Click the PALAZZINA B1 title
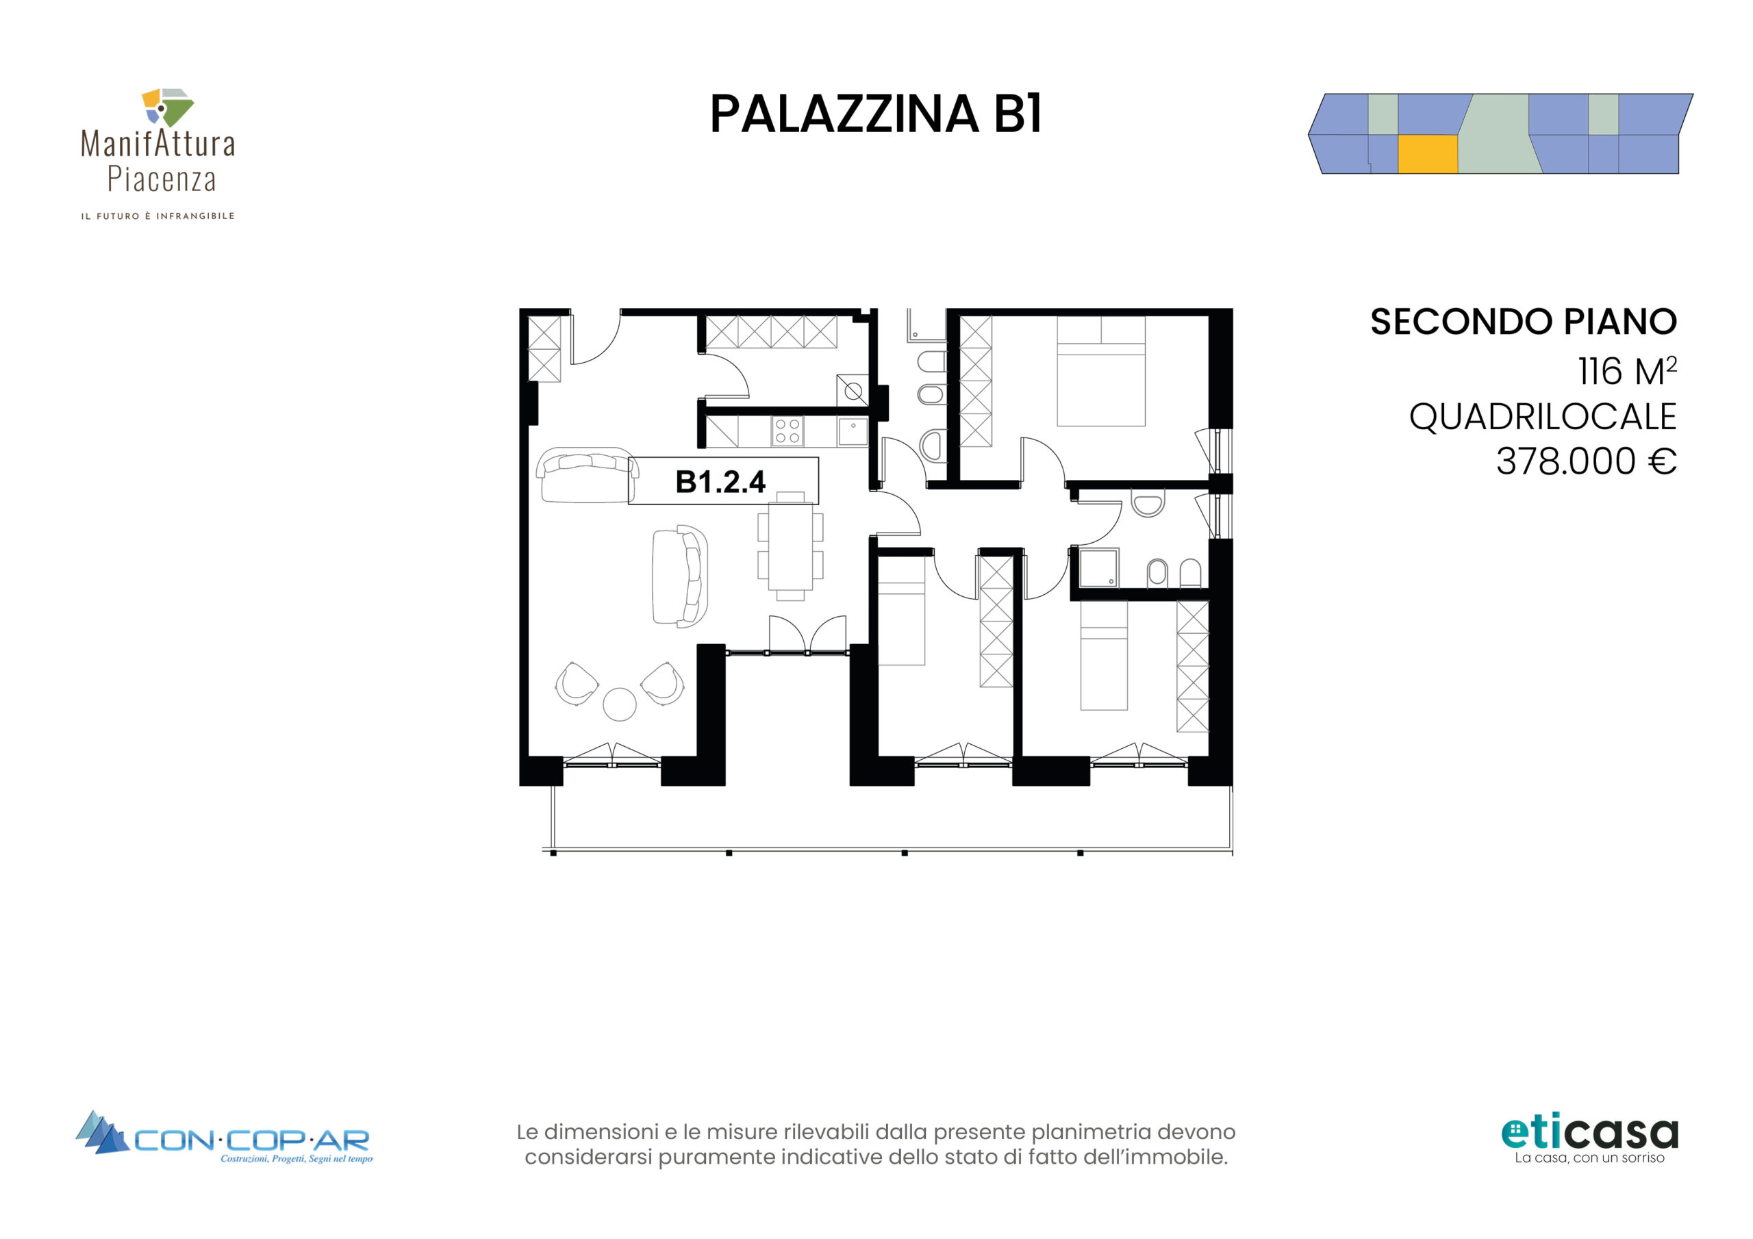click(876, 114)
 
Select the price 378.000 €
click(1586, 461)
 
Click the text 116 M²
click(1627, 371)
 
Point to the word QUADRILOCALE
click(1542, 417)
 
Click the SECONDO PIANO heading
click(1523, 322)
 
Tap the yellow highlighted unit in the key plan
click(1428, 154)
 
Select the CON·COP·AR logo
click(224, 1138)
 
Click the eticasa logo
click(1589, 1139)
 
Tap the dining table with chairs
click(790, 546)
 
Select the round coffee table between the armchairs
click(619, 704)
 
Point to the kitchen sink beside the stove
click(853, 431)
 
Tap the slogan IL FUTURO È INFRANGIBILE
click(158, 216)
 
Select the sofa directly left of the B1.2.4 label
click(587, 475)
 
